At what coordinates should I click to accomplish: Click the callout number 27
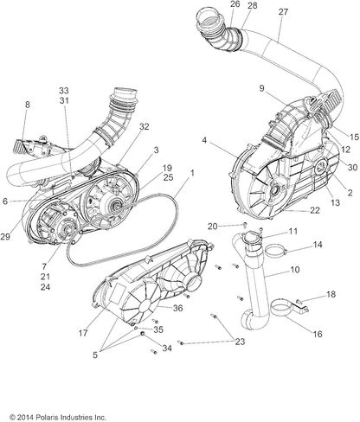pyautogui.click(x=283, y=12)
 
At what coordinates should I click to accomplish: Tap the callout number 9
pyautogui.click(x=261, y=88)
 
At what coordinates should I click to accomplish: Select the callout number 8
pyautogui.click(x=28, y=105)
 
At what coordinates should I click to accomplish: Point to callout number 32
pyautogui.click(x=145, y=126)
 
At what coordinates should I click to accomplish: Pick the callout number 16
pyautogui.click(x=318, y=334)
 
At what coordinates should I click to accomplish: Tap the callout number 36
pyautogui.click(x=177, y=308)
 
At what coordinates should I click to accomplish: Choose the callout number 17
pyautogui.click(x=83, y=333)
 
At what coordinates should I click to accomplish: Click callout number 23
pyautogui.click(x=240, y=342)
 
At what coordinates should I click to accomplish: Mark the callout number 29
pyautogui.click(x=5, y=237)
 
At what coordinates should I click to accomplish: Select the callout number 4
pyautogui.click(x=204, y=141)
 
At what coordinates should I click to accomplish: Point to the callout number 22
pyautogui.click(x=315, y=210)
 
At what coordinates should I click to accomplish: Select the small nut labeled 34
pyautogui.click(x=142, y=334)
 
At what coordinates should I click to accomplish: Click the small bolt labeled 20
pyautogui.click(x=245, y=225)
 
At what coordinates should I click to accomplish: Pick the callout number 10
pyautogui.click(x=295, y=270)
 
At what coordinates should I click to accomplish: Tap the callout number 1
pyautogui.click(x=192, y=173)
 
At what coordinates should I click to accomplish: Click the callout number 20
pyautogui.click(x=212, y=227)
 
